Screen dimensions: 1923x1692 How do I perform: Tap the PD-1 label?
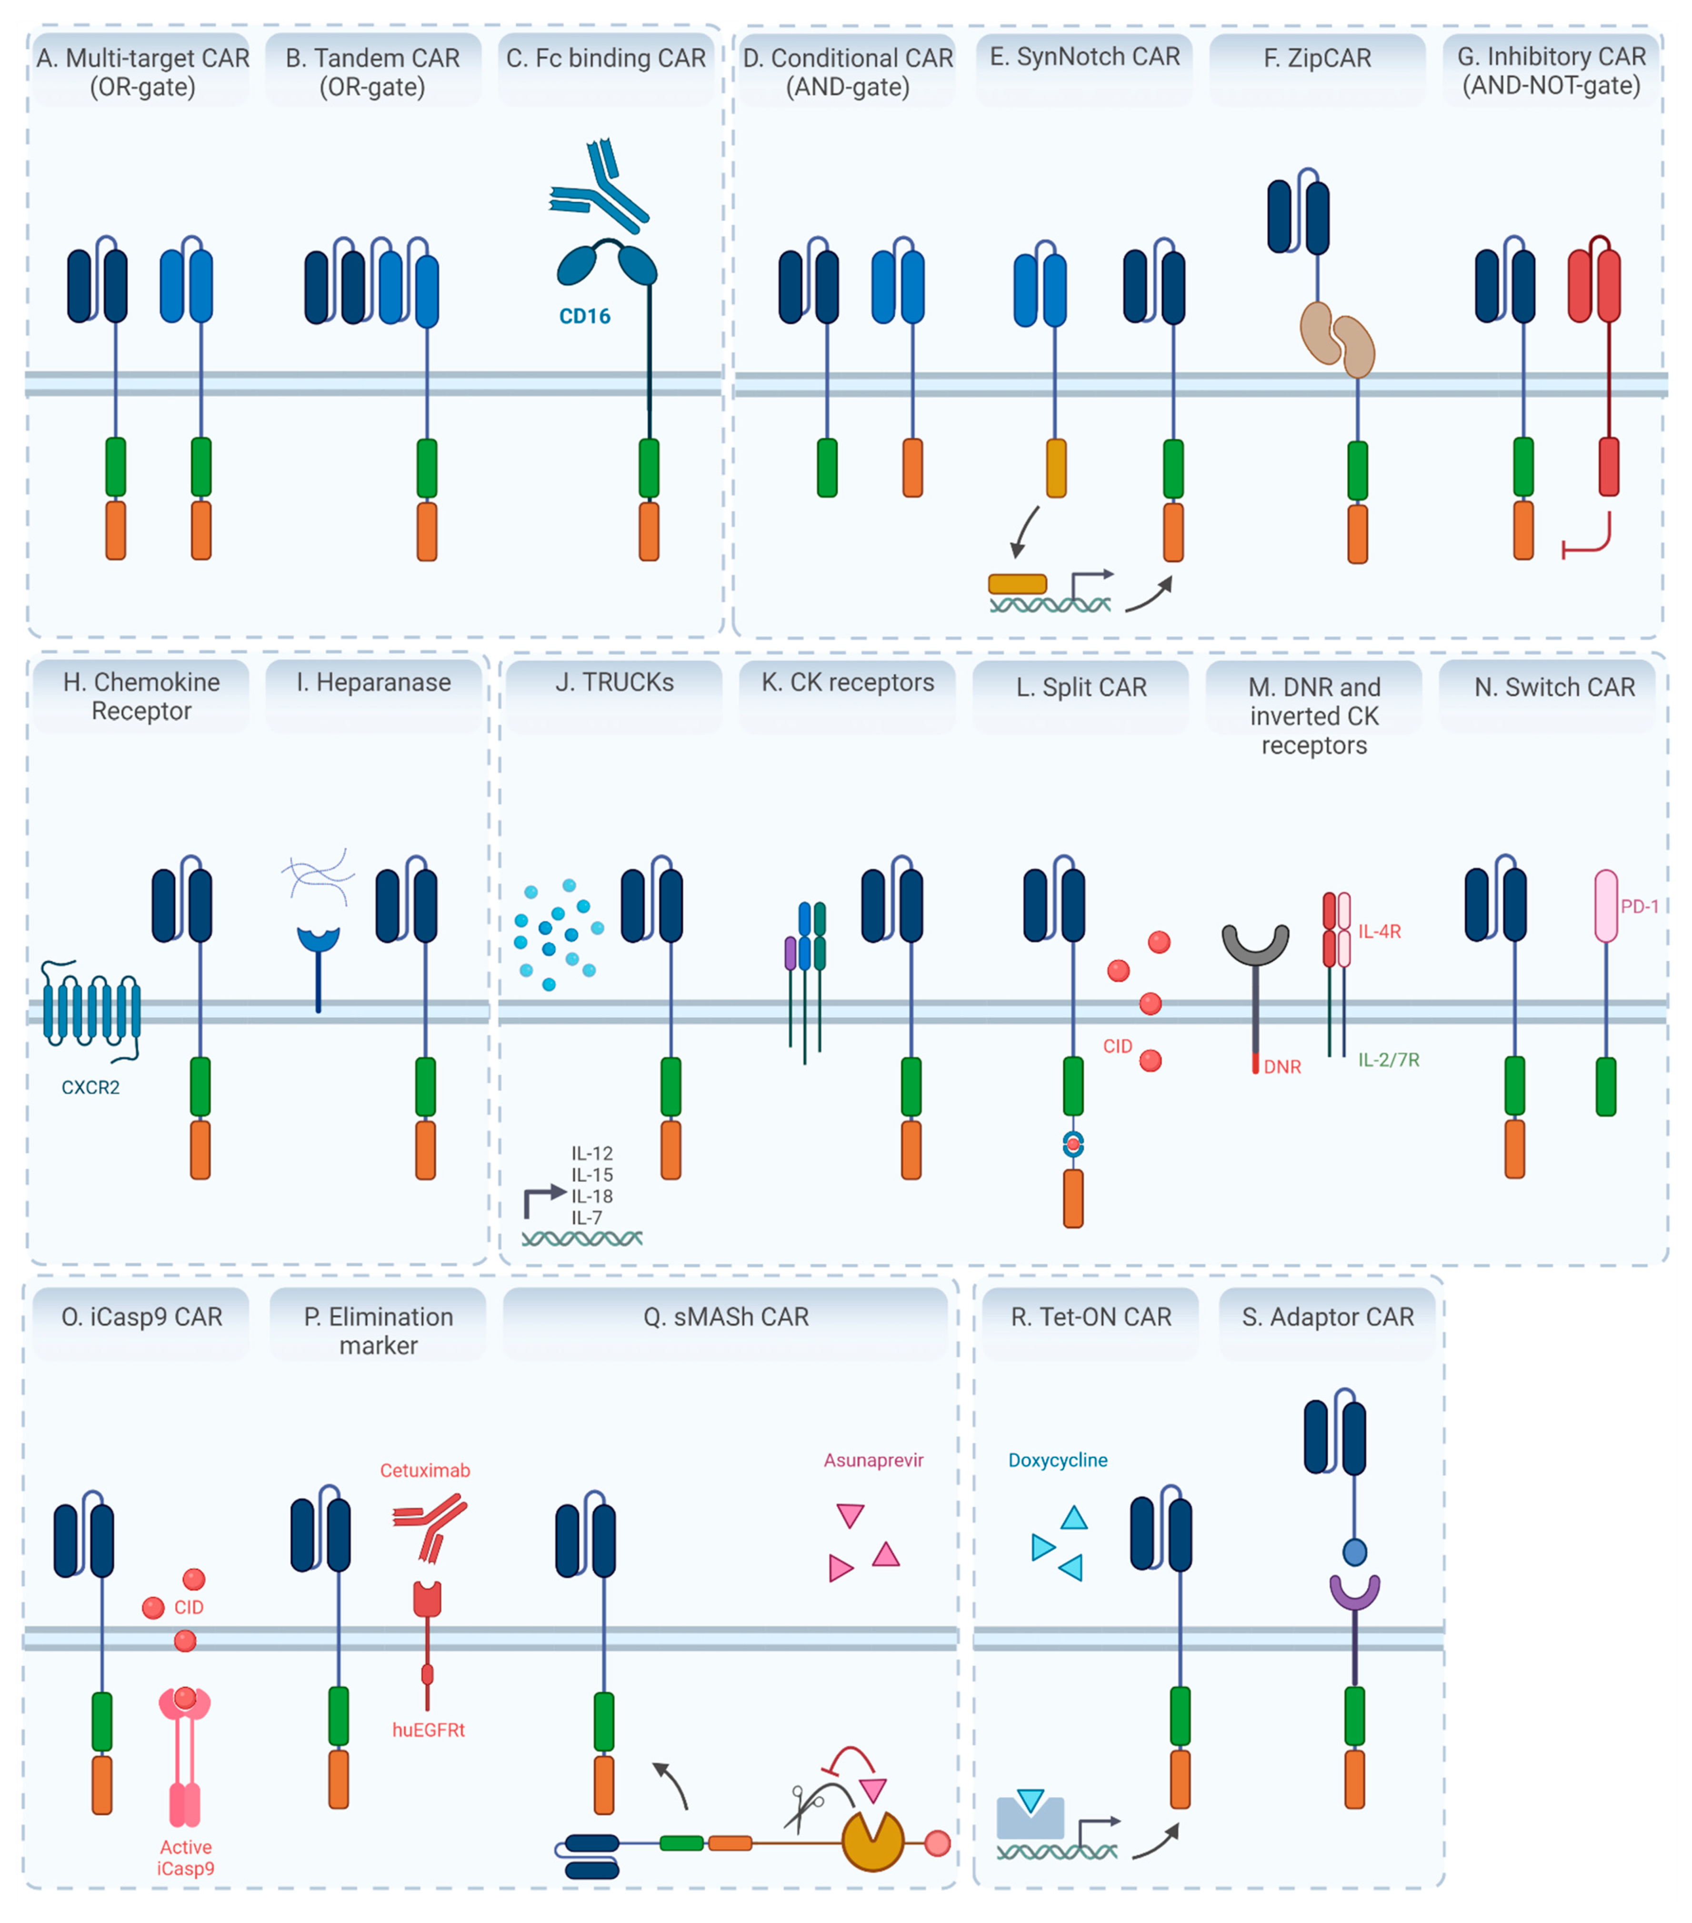tap(1639, 906)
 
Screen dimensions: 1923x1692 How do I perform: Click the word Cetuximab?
tap(425, 1470)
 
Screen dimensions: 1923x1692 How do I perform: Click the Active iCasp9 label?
tap(185, 1857)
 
